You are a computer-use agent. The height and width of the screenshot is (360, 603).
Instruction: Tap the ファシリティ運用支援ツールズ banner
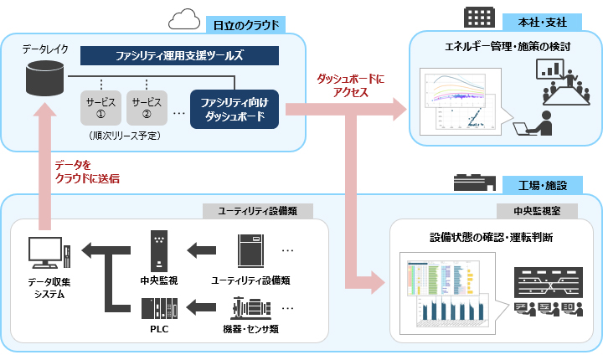click(179, 56)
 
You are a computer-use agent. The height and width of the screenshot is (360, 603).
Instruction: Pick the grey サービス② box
click(147, 106)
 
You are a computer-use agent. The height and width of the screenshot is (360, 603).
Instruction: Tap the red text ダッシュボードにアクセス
click(350, 85)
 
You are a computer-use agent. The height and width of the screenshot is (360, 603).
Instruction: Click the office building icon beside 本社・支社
click(481, 17)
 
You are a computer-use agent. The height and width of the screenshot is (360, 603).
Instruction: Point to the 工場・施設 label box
click(542, 183)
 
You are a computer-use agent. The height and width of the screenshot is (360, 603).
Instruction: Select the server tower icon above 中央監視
click(159, 249)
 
